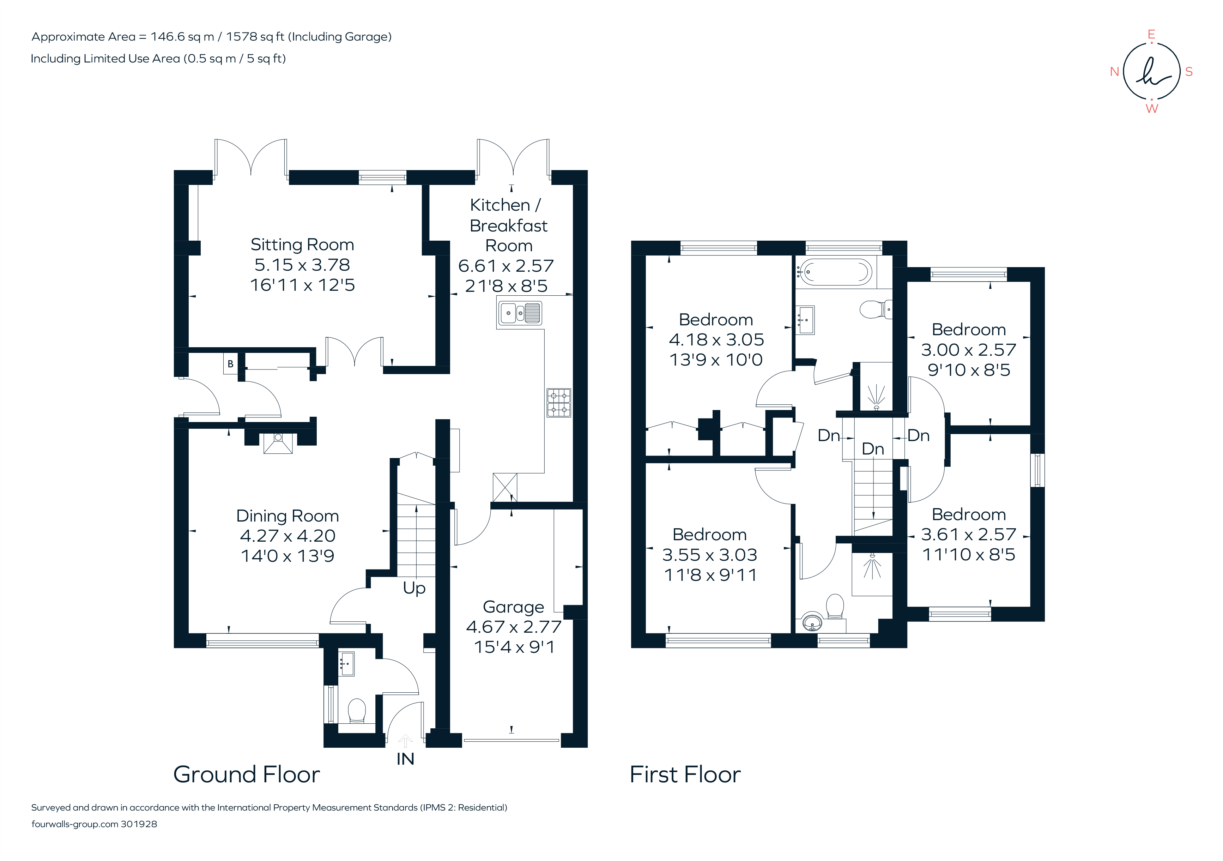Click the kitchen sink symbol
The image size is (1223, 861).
tap(520, 313)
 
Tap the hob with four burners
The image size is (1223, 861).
tap(559, 403)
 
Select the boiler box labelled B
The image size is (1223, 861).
tap(230, 364)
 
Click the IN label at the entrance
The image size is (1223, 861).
tap(405, 759)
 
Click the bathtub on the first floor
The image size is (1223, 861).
tap(835, 272)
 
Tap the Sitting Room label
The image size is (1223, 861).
tap(302, 245)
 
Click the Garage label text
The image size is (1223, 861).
tap(513, 607)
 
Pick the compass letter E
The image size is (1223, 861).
tap(1151, 35)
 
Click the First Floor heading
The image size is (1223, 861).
tap(685, 775)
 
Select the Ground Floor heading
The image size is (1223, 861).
tap(247, 775)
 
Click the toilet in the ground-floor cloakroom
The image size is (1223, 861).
tap(356, 710)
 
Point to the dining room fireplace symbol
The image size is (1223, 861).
tap(278, 443)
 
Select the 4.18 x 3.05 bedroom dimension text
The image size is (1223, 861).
tap(716, 340)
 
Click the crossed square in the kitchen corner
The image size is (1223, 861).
tap(504, 487)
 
